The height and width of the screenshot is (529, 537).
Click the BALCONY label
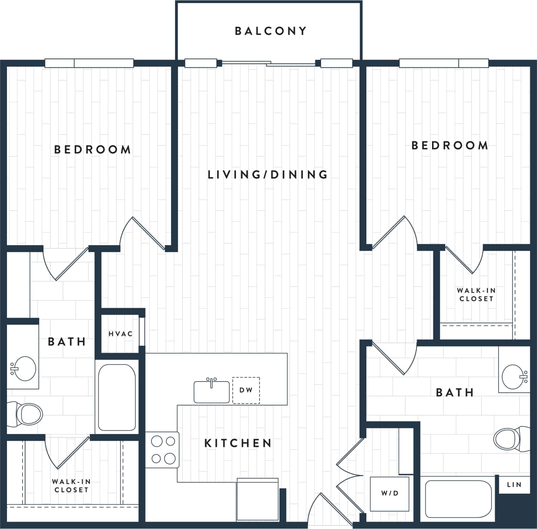pyautogui.click(x=270, y=31)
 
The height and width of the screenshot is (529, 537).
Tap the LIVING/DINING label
pyautogui.click(x=268, y=175)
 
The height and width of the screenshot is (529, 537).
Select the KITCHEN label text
pyautogui.click(x=238, y=443)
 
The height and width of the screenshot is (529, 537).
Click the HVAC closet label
pyautogui.click(x=121, y=334)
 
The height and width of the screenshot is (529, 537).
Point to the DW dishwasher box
pyautogui.click(x=246, y=390)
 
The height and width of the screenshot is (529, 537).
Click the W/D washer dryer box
pyautogui.click(x=389, y=494)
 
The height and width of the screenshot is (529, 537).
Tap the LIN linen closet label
pyautogui.click(x=514, y=484)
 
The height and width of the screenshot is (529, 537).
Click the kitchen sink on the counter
pyautogui.click(x=211, y=392)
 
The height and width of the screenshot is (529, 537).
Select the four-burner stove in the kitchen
pyautogui.click(x=163, y=449)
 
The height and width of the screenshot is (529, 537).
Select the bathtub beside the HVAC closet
pyautogui.click(x=117, y=397)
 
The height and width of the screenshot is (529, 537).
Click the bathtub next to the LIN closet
pyautogui.click(x=458, y=499)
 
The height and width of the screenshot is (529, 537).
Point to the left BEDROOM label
pyautogui.click(x=92, y=150)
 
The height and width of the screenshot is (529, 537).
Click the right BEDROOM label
pyautogui.click(x=450, y=145)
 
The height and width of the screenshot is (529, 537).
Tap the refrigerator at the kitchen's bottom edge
pyautogui.click(x=257, y=499)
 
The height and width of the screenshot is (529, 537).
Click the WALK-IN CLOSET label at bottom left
pyautogui.click(x=71, y=486)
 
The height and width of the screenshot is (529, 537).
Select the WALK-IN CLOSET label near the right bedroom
pyautogui.click(x=476, y=295)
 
